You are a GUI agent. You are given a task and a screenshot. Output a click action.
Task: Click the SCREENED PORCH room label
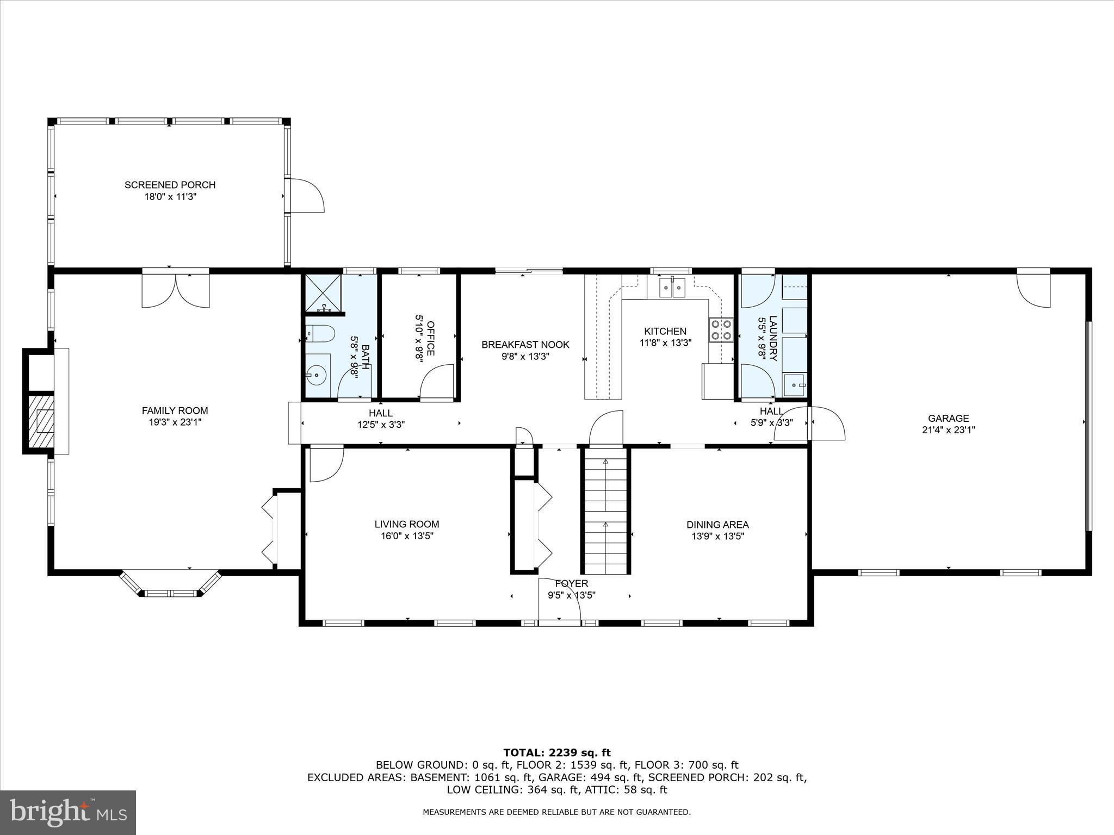(x=170, y=185)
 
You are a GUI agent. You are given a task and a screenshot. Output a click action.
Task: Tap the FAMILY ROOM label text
(x=175, y=410)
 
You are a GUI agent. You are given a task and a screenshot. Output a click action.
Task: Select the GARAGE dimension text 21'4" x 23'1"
(x=948, y=430)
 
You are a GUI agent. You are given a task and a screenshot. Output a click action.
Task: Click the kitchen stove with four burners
(x=720, y=329)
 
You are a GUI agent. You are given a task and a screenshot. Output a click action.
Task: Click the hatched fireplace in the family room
(x=41, y=421)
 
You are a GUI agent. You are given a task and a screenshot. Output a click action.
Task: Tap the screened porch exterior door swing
(x=306, y=195)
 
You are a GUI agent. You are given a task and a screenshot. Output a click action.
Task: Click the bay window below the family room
(x=170, y=585)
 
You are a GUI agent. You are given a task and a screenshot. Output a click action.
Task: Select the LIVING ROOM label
(x=406, y=524)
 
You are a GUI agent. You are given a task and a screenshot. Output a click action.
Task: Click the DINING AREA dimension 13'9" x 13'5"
(x=717, y=536)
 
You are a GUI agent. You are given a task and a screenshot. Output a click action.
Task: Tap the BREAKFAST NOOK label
(x=525, y=345)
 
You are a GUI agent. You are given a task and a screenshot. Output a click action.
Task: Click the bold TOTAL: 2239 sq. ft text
(x=556, y=753)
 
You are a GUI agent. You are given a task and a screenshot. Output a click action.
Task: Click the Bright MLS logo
(x=68, y=812)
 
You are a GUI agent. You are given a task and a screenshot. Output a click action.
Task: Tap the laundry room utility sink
(x=795, y=385)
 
